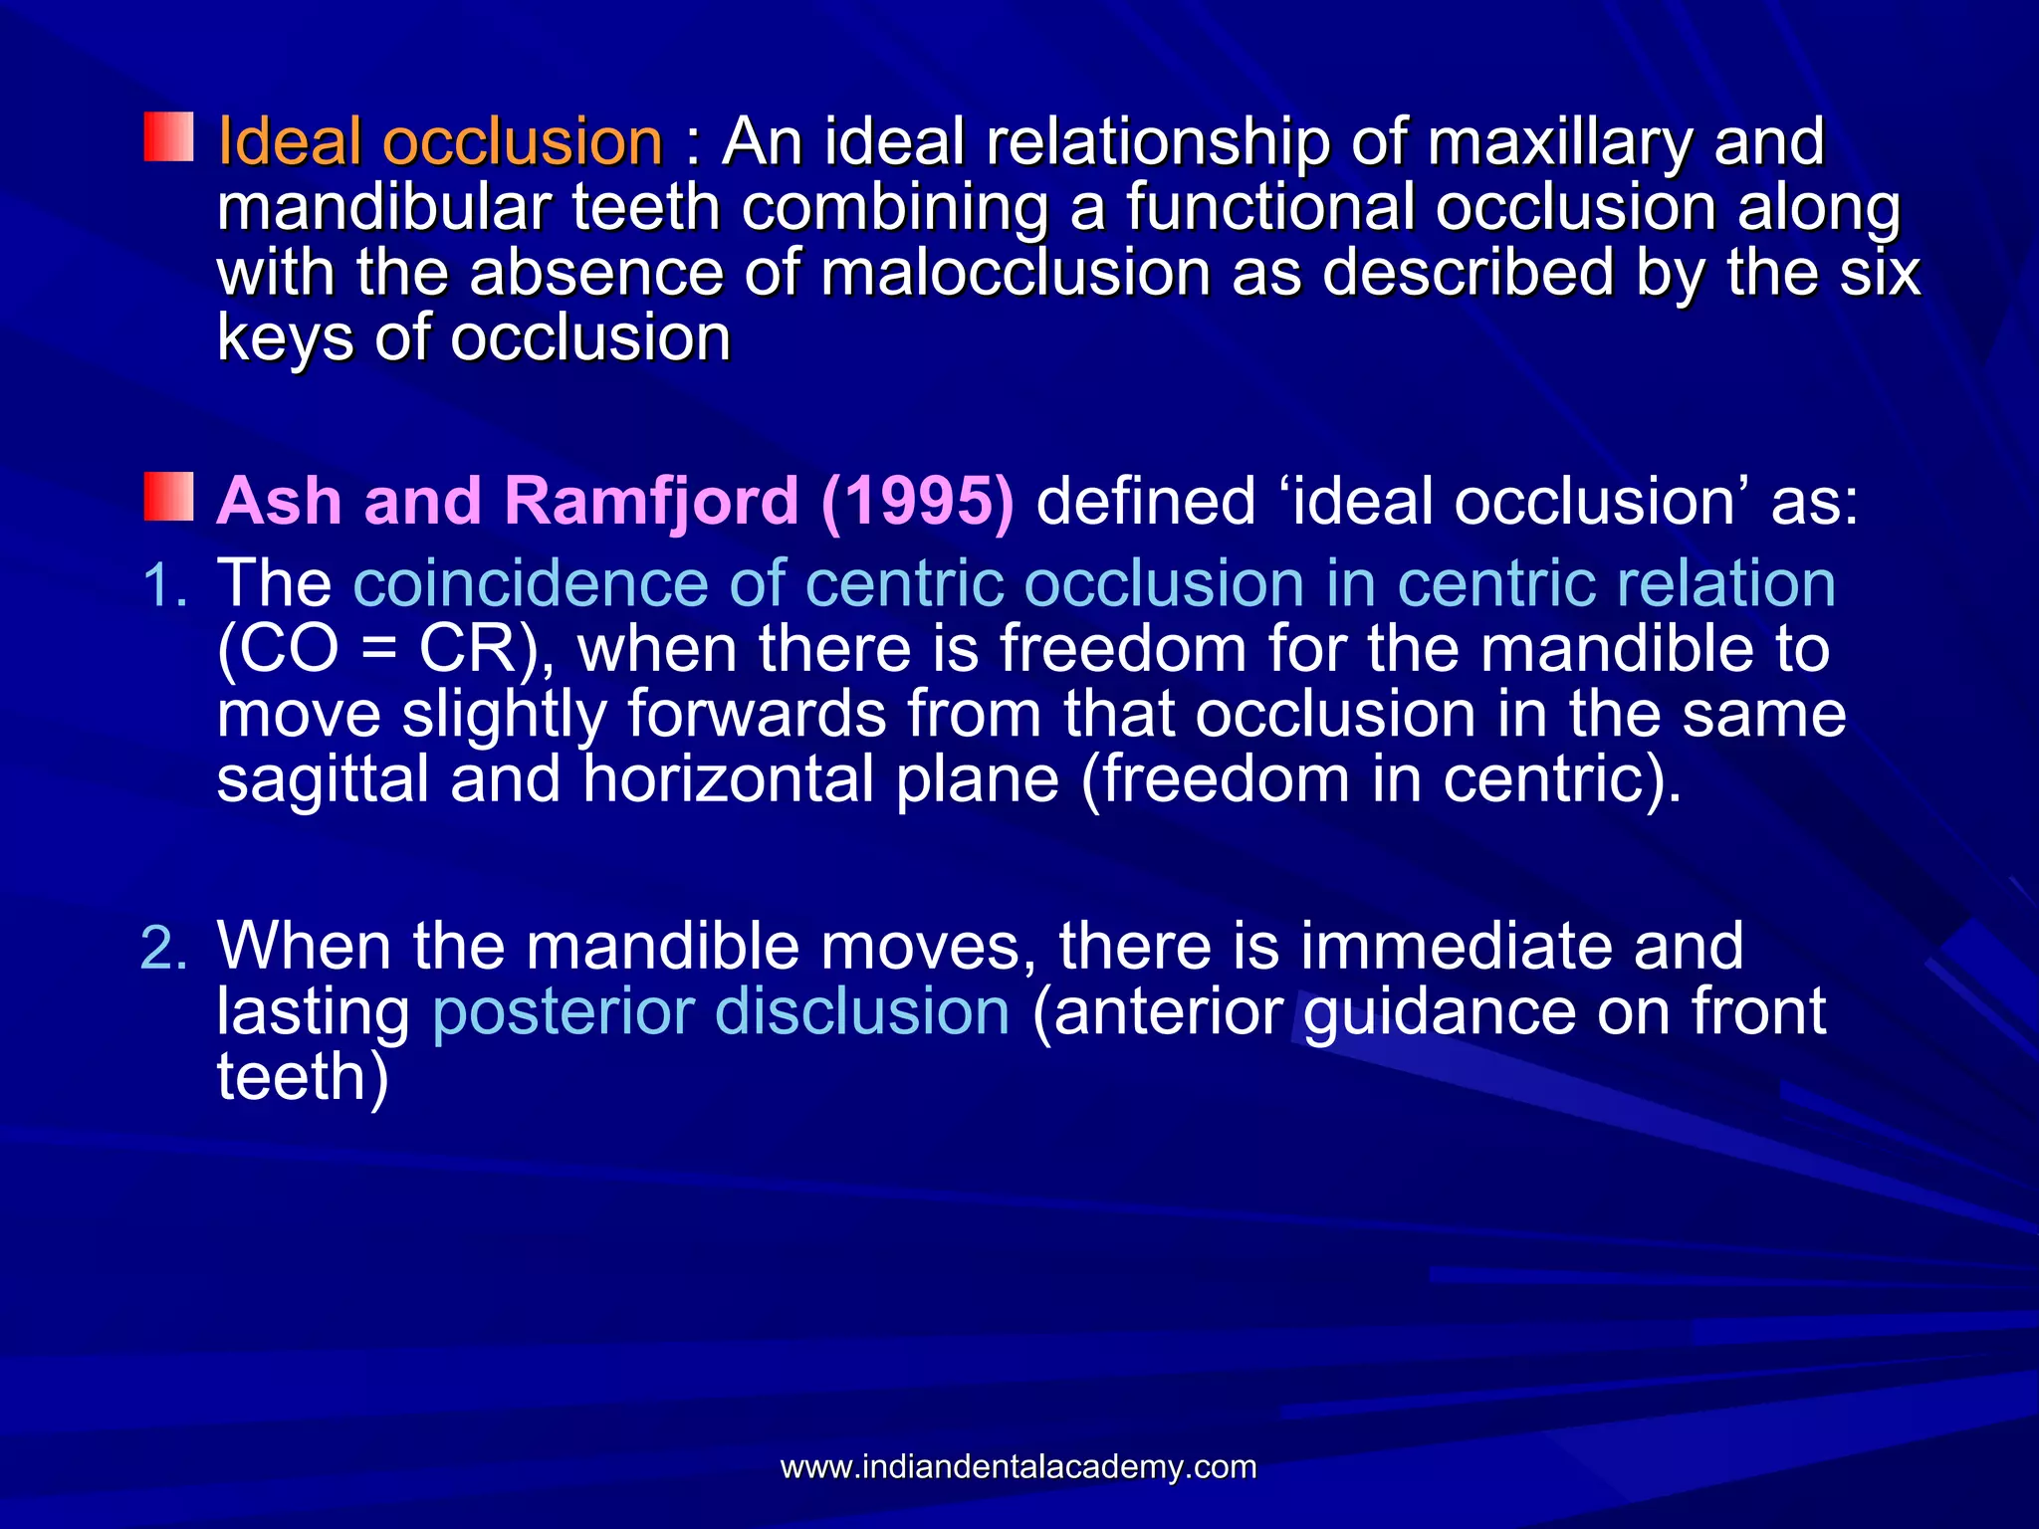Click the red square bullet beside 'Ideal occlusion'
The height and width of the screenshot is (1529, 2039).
pos(168,137)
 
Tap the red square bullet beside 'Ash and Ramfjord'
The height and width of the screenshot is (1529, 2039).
pos(168,497)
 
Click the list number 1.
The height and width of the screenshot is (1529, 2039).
pos(164,584)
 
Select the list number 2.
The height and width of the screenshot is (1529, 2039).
pos(164,947)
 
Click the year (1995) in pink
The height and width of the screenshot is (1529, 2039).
pos(918,500)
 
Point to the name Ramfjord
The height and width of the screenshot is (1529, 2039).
pos(652,500)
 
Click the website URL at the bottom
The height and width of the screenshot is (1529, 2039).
pos(1019,1466)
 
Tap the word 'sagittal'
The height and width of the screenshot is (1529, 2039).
pos(323,779)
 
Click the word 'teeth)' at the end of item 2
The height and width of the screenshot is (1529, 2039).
pos(303,1077)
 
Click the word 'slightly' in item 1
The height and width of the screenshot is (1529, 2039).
pos(504,717)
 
